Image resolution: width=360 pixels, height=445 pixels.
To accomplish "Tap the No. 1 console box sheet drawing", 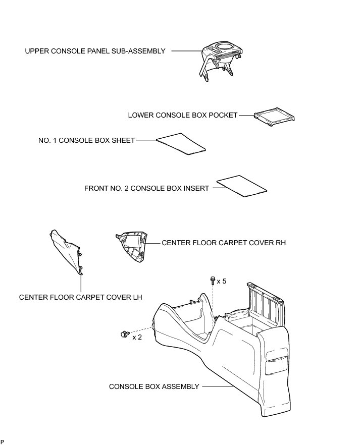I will (182, 144).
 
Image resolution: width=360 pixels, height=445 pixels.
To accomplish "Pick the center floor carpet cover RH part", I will (133, 245).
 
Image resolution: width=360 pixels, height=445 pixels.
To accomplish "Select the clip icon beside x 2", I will (124, 333).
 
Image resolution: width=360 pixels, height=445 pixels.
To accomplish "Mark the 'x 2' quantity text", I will (137, 337).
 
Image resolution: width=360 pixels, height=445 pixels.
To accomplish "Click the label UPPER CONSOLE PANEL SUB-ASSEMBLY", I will (95, 51).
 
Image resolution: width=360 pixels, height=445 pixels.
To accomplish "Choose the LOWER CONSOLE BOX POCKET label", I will (182, 115).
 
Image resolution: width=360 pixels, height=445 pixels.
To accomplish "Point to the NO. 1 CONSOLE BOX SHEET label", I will (86, 140).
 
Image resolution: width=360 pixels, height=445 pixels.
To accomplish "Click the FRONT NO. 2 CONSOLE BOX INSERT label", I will (146, 188).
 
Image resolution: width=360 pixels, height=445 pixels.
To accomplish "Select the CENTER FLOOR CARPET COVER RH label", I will (224, 243).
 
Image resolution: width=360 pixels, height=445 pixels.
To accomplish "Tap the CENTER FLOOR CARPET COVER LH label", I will (80, 297).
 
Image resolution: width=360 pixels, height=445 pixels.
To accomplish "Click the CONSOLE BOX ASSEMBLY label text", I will (154, 386).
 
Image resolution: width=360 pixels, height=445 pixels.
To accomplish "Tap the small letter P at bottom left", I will (3, 441).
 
